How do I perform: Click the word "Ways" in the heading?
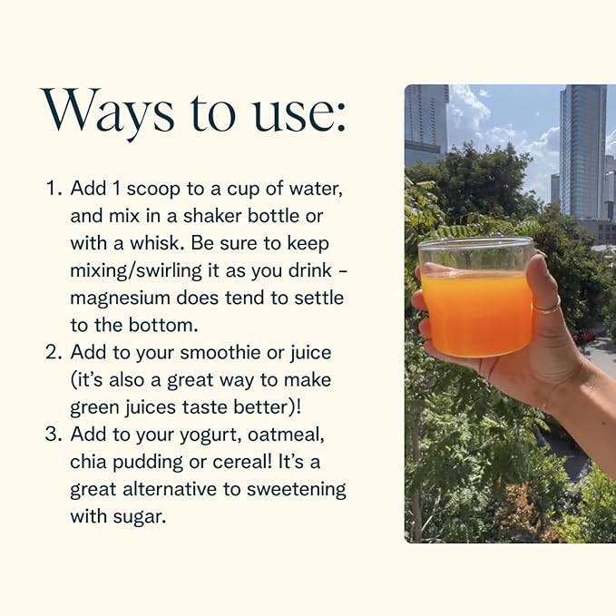point(107,112)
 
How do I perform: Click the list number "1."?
point(54,189)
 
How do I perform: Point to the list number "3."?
point(54,435)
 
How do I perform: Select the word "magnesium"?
point(121,299)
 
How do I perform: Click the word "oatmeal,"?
point(287,435)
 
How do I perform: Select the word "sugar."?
point(140,518)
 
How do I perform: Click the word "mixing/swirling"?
point(135,271)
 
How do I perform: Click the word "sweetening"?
point(297,490)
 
